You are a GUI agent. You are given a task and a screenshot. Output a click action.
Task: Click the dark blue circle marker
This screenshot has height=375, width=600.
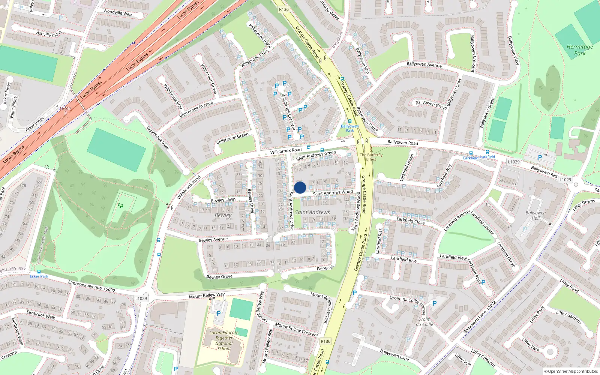click(300, 187)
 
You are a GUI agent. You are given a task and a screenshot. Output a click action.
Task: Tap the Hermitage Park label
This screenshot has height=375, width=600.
click(580, 50)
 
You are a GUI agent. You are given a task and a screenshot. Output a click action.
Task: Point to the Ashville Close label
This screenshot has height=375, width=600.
click(49, 34)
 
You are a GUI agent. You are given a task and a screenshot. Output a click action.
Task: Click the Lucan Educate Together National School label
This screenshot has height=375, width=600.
click(224, 340)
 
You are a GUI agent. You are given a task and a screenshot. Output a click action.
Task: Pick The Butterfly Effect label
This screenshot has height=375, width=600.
click(371, 157)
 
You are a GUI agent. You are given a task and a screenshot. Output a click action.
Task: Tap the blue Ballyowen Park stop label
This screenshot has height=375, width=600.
click(350, 128)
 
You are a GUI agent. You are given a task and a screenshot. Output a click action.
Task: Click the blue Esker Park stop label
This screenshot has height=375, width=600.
click(39, 276)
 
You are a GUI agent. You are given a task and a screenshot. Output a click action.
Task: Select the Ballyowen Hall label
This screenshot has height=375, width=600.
click(535, 215)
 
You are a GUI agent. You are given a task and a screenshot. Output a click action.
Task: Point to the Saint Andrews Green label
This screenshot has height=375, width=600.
click(316, 155)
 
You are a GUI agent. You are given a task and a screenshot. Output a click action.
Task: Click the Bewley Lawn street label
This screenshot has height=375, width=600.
click(223, 200)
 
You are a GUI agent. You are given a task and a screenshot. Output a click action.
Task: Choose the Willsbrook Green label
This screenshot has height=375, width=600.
click(232, 138)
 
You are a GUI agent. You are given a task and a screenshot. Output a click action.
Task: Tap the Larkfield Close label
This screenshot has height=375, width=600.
click(411, 221)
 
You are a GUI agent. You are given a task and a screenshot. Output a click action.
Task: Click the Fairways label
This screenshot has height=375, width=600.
click(325, 268)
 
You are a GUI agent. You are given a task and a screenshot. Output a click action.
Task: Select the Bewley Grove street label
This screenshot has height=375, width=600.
click(219, 277)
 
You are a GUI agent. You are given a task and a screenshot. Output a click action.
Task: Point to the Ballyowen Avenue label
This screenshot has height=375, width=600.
click(424, 64)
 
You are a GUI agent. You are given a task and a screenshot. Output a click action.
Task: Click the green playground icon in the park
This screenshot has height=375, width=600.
click(120, 205)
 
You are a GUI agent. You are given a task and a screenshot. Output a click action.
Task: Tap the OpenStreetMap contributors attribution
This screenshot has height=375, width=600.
click(571, 371)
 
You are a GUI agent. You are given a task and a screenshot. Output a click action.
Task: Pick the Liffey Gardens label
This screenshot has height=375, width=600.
click(569, 317)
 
